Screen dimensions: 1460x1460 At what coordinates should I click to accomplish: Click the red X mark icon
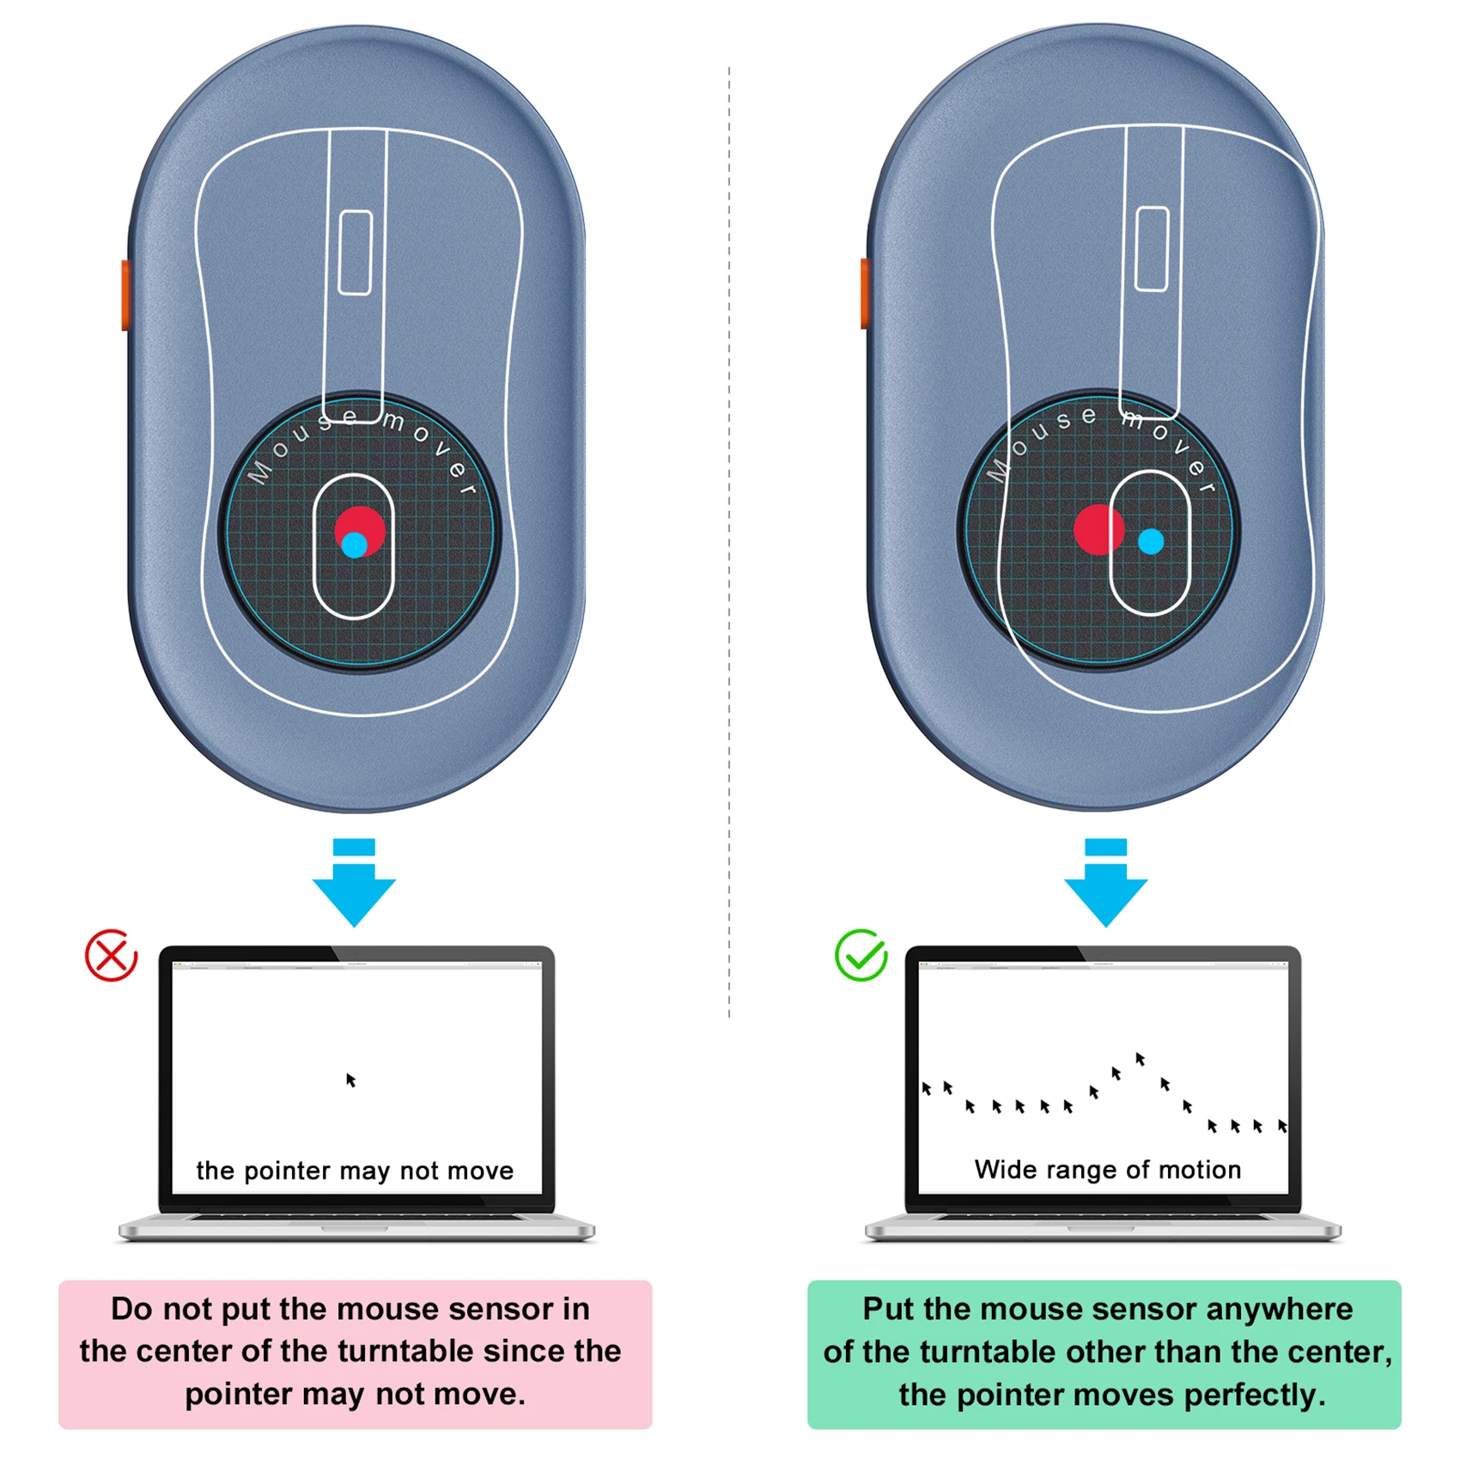[x=111, y=955]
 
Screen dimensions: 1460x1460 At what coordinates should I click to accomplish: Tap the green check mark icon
[x=861, y=955]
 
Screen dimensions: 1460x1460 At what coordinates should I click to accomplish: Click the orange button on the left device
[x=125, y=295]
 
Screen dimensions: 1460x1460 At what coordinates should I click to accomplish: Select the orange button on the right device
[x=865, y=293]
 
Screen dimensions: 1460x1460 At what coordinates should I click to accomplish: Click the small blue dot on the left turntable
[x=354, y=545]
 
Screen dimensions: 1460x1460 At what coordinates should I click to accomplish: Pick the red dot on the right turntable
[x=1098, y=529]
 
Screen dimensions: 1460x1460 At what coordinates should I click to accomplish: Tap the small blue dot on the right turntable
[x=1151, y=541]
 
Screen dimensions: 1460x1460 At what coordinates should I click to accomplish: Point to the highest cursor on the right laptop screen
[x=1140, y=1059]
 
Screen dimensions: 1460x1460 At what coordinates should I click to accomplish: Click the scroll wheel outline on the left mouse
[x=355, y=252]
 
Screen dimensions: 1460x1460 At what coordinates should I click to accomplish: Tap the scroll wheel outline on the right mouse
[x=1152, y=249]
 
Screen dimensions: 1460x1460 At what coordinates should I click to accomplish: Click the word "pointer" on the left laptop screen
[x=289, y=1171]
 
